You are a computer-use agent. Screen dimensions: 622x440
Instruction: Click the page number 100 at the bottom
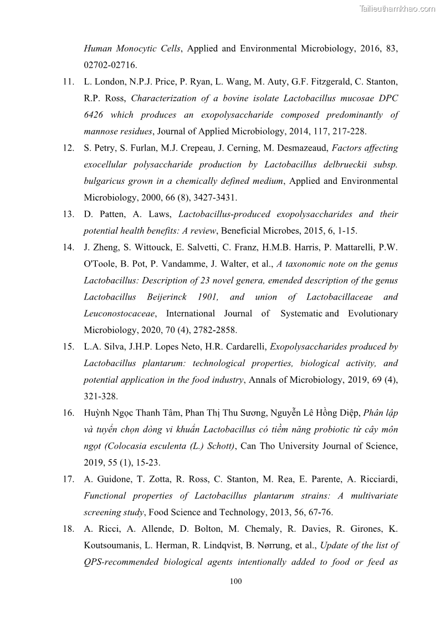236,581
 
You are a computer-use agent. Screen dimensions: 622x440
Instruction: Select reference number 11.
69,82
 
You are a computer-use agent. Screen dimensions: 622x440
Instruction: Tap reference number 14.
69,247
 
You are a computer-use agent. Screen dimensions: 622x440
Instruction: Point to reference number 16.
69,413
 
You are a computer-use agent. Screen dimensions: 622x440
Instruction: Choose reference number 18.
69,528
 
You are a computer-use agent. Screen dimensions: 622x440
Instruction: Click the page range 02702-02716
110,65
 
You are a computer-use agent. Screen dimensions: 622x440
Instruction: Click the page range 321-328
101,396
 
